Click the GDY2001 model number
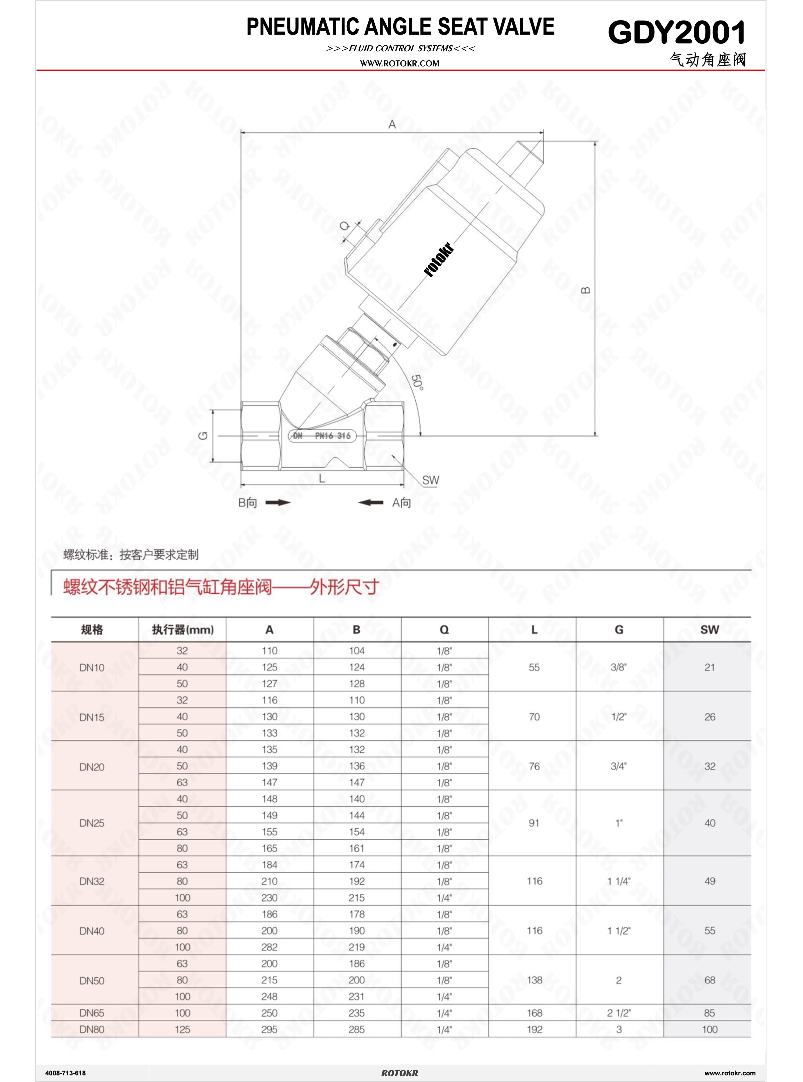(x=677, y=32)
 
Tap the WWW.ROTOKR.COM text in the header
(x=400, y=63)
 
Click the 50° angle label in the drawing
(x=417, y=382)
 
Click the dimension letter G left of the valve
(x=204, y=435)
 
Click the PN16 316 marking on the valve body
(x=333, y=436)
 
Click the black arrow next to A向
(x=371, y=502)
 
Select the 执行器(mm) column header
(x=183, y=630)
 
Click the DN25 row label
(x=92, y=823)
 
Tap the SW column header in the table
(x=709, y=630)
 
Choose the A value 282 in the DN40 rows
(x=269, y=947)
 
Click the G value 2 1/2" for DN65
(x=618, y=1013)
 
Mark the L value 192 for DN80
(x=534, y=1029)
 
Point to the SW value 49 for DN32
(x=709, y=881)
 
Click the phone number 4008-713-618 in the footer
(x=65, y=1073)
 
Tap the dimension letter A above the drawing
(x=392, y=125)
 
